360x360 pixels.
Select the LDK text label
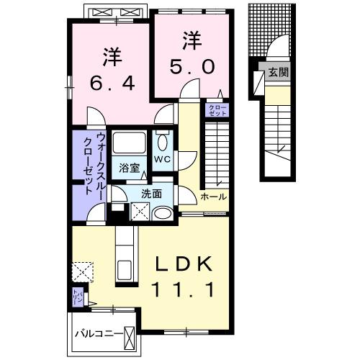tap(185, 265)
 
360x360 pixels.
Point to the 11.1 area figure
tap(185, 291)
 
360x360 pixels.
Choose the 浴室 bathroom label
tap(130, 165)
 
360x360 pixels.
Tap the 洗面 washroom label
tap(151, 193)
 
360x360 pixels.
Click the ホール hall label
tap(214, 197)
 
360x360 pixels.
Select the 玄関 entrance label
tap(277, 72)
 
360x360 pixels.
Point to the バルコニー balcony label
tap(98, 333)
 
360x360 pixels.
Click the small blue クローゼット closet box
tap(217, 110)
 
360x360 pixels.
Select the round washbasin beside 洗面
tap(163, 212)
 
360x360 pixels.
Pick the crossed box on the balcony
tap(130, 336)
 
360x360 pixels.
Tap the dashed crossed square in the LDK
tap(81, 270)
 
